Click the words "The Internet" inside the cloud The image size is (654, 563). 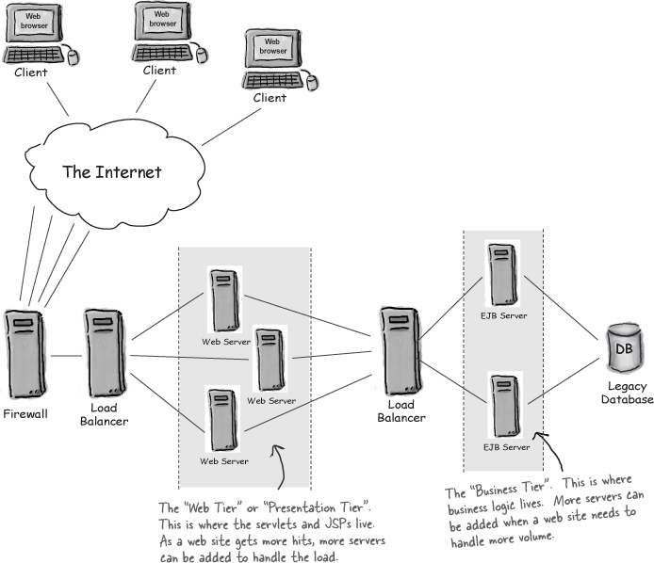point(112,172)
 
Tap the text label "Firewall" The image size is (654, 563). point(25,413)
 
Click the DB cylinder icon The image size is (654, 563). point(623,350)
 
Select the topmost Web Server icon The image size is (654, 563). point(223,298)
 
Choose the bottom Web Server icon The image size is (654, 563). point(223,421)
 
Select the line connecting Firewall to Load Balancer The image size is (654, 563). point(65,356)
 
